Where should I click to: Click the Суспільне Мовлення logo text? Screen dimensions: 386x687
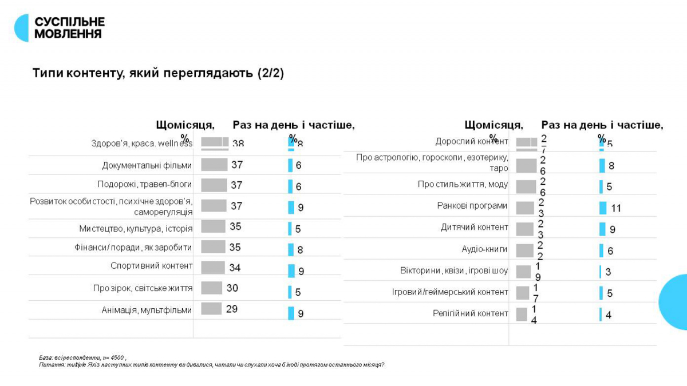click(69, 27)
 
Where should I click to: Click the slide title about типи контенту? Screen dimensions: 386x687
click(158, 74)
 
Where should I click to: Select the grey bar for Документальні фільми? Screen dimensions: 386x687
click(215, 165)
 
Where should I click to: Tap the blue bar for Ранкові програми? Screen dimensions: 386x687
click(603, 208)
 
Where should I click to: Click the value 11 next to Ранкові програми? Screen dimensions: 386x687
click(616, 208)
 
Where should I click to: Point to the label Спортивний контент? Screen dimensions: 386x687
click(152, 266)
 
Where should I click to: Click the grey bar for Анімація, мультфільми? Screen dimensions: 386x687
click(211, 309)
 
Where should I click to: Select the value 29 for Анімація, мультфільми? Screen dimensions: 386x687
click(231, 309)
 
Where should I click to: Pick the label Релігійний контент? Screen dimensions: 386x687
click(471, 313)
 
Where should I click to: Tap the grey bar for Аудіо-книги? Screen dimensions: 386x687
click(524, 250)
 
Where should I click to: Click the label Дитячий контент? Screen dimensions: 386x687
click(475, 227)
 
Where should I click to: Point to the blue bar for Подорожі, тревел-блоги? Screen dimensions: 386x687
click(290, 186)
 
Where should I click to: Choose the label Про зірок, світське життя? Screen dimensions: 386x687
click(143, 288)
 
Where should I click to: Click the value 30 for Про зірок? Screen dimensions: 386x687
click(232, 288)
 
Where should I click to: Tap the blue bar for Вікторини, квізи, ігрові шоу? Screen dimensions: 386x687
click(601, 272)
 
